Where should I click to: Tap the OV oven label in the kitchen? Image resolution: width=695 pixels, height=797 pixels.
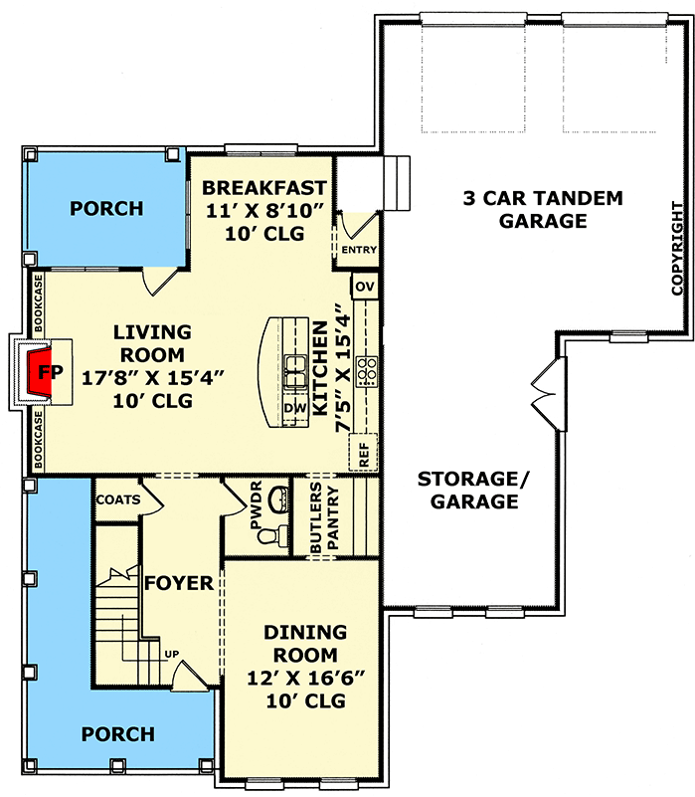(x=363, y=287)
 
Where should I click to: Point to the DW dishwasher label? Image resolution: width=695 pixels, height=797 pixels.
(x=294, y=408)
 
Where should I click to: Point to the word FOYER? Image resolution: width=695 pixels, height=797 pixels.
(x=179, y=583)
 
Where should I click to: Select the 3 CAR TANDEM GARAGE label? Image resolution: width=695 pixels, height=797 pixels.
(x=543, y=210)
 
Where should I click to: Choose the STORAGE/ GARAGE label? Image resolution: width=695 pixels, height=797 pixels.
(x=474, y=490)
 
